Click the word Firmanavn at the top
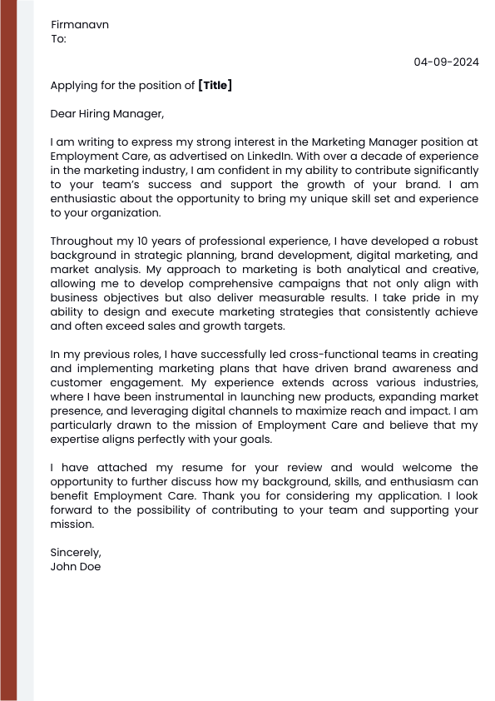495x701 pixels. (x=80, y=24)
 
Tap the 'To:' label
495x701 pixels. (x=58, y=38)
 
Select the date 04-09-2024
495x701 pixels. (x=447, y=62)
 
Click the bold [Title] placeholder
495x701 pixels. (x=215, y=85)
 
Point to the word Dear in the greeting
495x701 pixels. (x=64, y=113)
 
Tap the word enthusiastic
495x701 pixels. (x=85, y=198)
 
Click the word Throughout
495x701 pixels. (x=81, y=241)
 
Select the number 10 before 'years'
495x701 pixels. (x=143, y=241)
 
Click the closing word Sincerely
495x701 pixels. (x=75, y=552)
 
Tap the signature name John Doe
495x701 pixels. (x=76, y=566)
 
